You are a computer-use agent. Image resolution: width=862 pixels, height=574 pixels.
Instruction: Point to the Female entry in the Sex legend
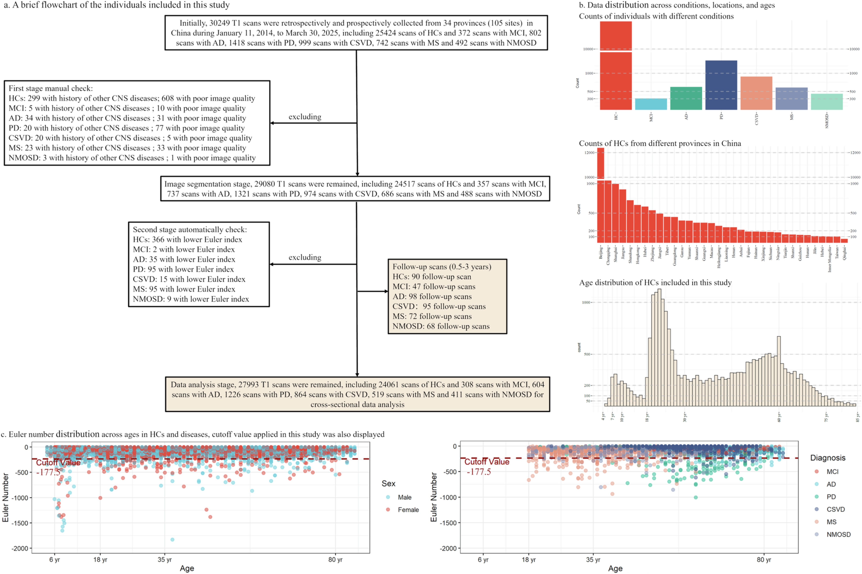(x=408, y=510)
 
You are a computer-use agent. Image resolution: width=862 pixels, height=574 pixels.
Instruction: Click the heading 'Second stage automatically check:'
(x=190, y=230)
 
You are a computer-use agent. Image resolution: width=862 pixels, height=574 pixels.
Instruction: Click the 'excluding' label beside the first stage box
(x=305, y=117)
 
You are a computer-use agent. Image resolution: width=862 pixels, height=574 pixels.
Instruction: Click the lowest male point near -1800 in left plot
(x=172, y=540)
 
